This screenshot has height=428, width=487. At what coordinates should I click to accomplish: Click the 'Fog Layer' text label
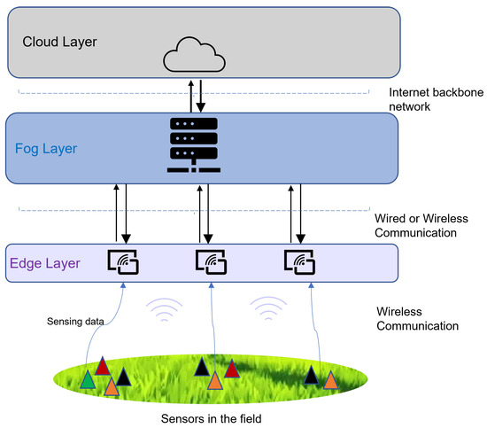[x=46, y=146]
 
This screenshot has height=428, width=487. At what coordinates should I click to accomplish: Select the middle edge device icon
[x=209, y=262]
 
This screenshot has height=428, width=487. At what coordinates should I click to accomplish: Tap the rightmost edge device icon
[x=299, y=262]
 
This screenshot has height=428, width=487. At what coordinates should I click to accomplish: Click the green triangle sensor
[x=88, y=379]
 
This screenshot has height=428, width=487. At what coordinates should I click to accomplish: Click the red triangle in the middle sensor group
[x=232, y=368]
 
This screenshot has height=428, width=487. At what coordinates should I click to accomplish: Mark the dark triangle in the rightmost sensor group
[x=312, y=375]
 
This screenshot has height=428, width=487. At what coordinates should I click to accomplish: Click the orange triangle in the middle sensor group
[x=215, y=380]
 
